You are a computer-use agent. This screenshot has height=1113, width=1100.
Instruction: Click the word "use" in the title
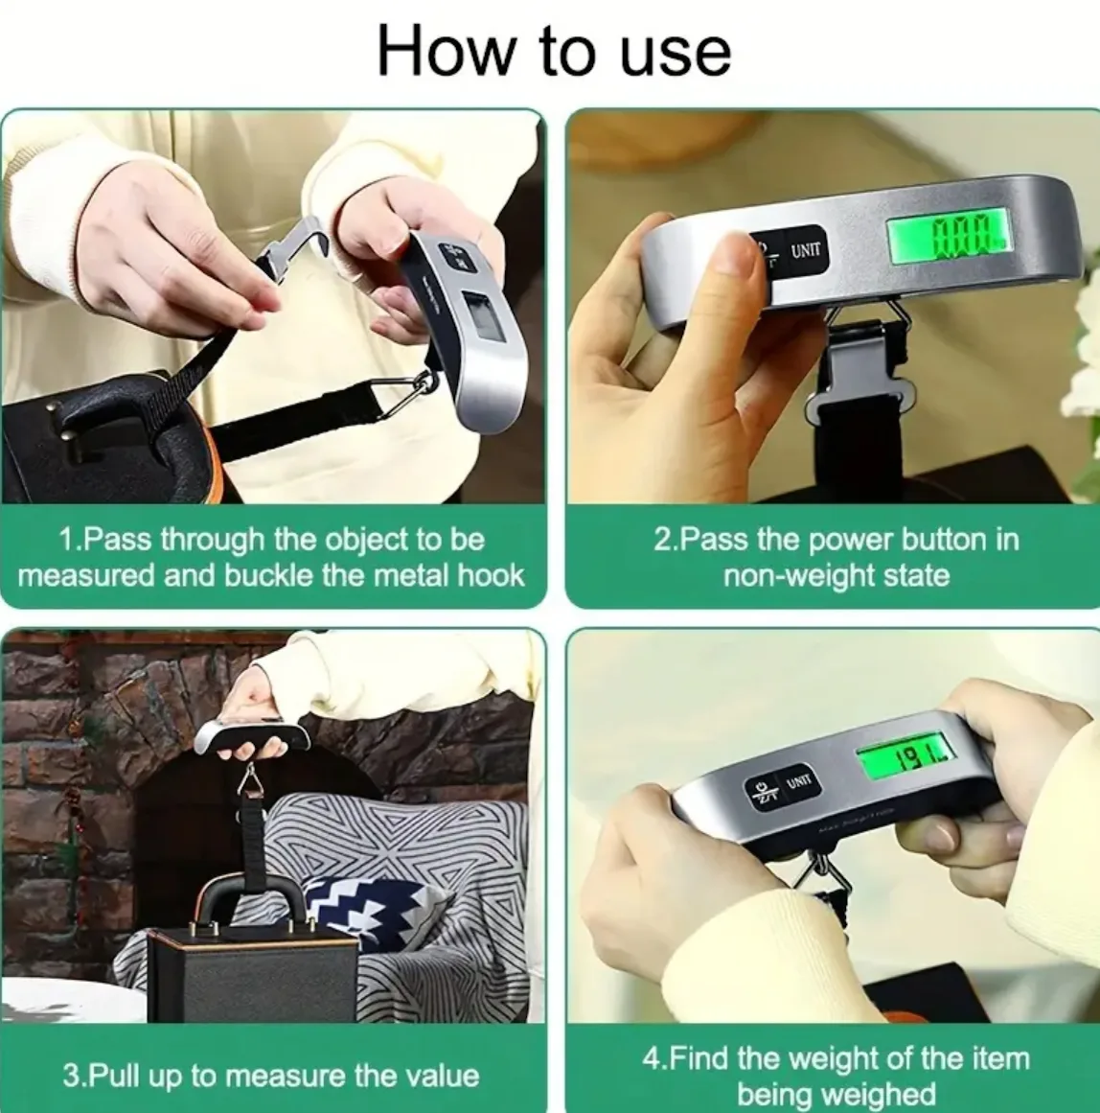point(675,54)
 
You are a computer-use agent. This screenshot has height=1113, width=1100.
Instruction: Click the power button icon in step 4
point(762,792)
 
